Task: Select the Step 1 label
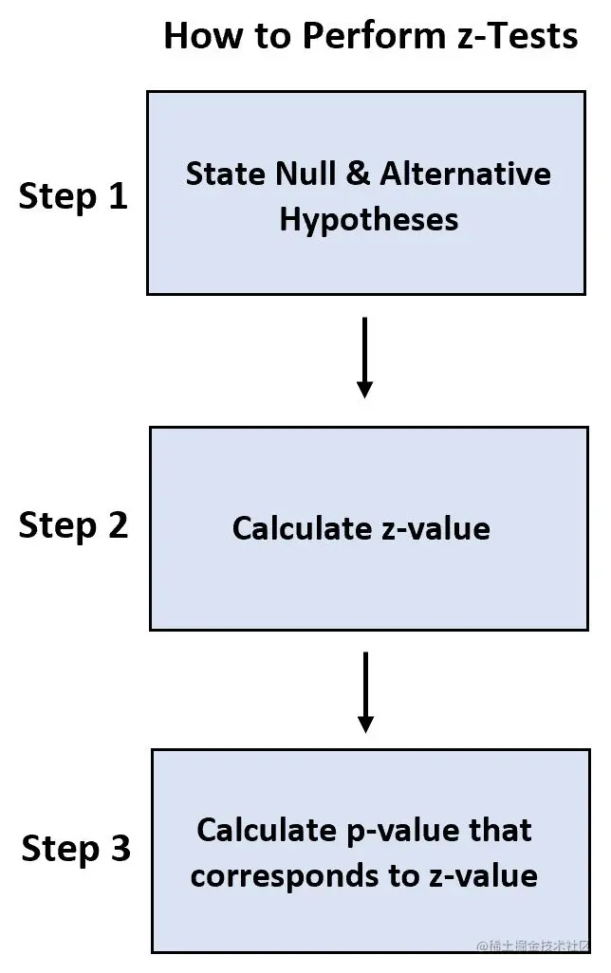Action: [x=73, y=196]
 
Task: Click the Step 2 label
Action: [x=73, y=524]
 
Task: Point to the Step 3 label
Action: [x=76, y=848]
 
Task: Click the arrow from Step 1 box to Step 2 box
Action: [x=365, y=358]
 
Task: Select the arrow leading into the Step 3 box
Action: [x=365, y=692]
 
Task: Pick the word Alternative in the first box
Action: [x=465, y=174]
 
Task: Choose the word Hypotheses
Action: [x=368, y=220]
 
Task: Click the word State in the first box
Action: [x=225, y=174]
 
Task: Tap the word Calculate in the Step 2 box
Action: [x=303, y=527]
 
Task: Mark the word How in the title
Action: [x=197, y=36]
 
